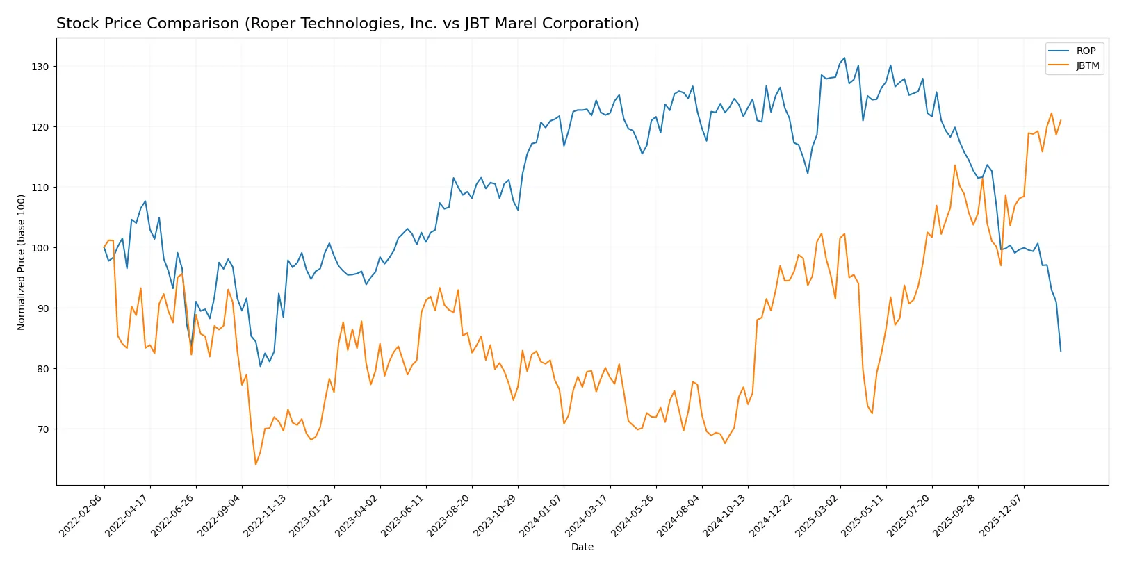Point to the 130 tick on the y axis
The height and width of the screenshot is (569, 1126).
point(40,67)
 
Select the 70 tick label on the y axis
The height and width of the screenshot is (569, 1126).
point(43,429)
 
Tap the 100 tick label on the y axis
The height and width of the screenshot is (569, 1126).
point(40,248)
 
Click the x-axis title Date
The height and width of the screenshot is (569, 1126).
point(582,547)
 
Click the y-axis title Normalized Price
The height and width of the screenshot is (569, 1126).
point(22,262)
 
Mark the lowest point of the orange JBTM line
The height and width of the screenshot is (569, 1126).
point(256,465)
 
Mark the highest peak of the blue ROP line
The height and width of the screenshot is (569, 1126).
point(844,58)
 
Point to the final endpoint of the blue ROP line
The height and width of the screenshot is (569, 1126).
point(1061,351)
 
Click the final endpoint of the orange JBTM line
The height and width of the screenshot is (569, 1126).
point(1061,120)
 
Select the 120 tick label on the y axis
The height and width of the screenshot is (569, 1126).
point(40,127)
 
